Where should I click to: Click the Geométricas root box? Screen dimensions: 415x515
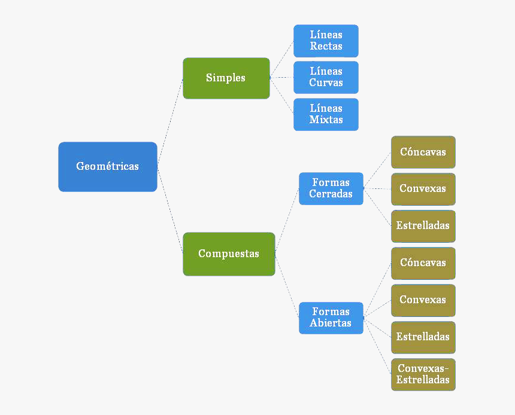[108, 167]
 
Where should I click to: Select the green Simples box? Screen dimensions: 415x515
[226, 78]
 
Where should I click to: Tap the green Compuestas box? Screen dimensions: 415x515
[229, 254]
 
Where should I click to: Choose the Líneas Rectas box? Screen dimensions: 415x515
[326, 41]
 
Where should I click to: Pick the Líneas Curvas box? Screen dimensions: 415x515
[326, 77]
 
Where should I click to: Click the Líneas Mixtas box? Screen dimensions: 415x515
[326, 114]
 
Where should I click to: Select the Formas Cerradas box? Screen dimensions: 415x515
[331, 188]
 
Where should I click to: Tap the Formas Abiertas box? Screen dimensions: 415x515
[331, 318]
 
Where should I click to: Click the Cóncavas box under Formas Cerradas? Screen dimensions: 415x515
[423, 152]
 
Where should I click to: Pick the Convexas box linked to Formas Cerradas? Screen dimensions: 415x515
[423, 189]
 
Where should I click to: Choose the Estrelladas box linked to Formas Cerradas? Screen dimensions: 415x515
[423, 226]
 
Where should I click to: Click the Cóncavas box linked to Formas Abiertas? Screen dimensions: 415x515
[423, 263]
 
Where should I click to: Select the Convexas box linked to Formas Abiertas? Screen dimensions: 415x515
[423, 300]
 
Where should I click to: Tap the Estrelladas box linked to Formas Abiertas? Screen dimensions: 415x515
[423, 337]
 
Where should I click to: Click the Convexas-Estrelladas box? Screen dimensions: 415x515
[423, 374]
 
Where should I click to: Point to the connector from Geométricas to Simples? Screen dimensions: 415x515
[170, 123]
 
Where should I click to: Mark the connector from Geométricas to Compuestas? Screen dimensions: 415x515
[170, 210]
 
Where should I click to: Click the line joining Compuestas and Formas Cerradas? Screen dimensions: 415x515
[287, 221]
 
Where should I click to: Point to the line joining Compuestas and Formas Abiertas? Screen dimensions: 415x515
[287, 286]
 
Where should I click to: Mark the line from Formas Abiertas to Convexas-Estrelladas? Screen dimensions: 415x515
[377, 346]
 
